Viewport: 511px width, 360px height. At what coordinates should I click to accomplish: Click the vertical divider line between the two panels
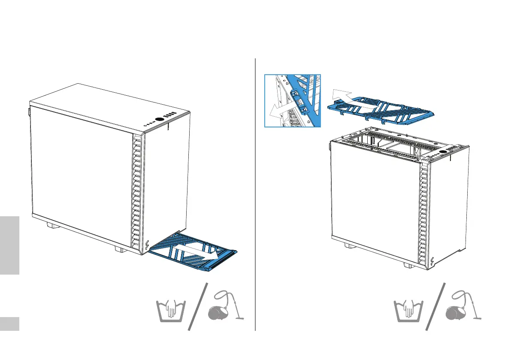255,193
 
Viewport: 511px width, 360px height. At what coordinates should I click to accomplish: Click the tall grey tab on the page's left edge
10,245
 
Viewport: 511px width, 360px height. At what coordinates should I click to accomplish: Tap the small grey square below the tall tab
10,324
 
